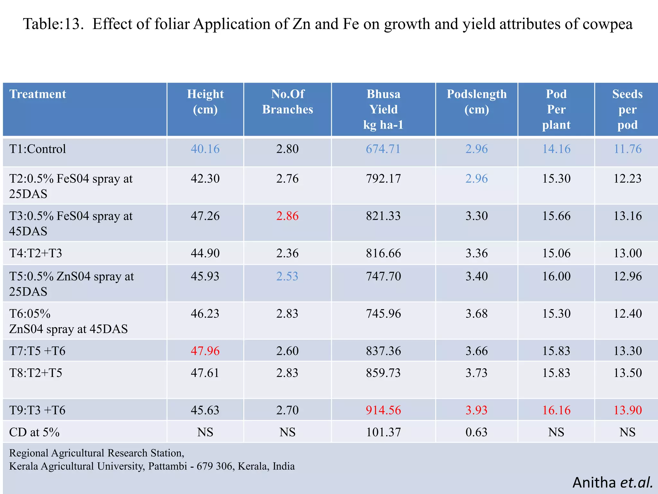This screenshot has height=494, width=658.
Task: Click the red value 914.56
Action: click(383, 410)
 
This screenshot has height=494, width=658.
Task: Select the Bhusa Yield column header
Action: click(383, 109)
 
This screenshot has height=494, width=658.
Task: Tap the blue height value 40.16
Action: click(205, 149)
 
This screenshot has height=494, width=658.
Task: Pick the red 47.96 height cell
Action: click(205, 351)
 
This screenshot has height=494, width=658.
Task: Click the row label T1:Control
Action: click(38, 149)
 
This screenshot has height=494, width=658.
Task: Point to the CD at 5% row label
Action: click(34, 432)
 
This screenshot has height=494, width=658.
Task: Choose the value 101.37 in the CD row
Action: click(383, 432)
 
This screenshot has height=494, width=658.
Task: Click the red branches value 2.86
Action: click(287, 216)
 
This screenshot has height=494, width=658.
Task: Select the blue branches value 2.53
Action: click(287, 276)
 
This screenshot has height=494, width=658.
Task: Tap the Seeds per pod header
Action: click(627, 109)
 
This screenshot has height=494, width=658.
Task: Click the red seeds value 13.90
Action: click(627, 410)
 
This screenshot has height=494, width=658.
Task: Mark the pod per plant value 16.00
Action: click(556, 276)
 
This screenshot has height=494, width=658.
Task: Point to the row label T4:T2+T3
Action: click(36, 253)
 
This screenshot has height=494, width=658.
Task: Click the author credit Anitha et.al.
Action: click(612, 482)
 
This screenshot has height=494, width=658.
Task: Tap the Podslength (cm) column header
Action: click(476, 102)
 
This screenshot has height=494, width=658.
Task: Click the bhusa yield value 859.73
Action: click(383, 373)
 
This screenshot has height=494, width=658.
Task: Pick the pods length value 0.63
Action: click(476, 432)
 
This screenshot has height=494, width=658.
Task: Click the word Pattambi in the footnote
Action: click(167, 466)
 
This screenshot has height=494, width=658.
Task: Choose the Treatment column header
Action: click(38, 94)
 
